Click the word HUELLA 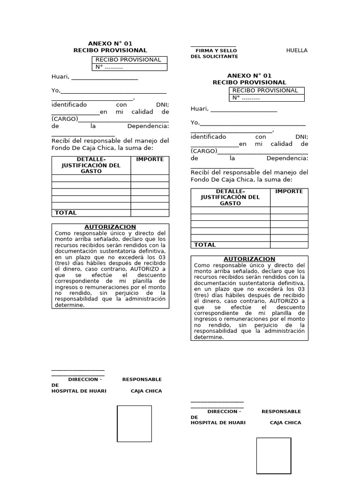[297, 50]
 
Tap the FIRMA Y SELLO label [216, 50]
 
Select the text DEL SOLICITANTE [214, 56]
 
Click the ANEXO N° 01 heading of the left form [110, 44]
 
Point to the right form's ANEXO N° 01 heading [249, 75]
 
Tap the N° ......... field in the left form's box [109, 67]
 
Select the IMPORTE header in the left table [150, 159]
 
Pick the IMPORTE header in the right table [289, 191]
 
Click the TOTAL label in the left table [66, 213]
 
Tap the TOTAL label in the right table [205, 245]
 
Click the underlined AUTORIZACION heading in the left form [110, 227]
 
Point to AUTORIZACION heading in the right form [249, 259]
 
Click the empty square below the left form [134, 424]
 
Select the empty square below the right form [273, 456]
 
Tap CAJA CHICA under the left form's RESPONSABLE [146, 391]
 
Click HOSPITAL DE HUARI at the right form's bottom [218, 423]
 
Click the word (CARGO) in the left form [65, 119]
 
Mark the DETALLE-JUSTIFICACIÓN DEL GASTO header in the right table [230, 197]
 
